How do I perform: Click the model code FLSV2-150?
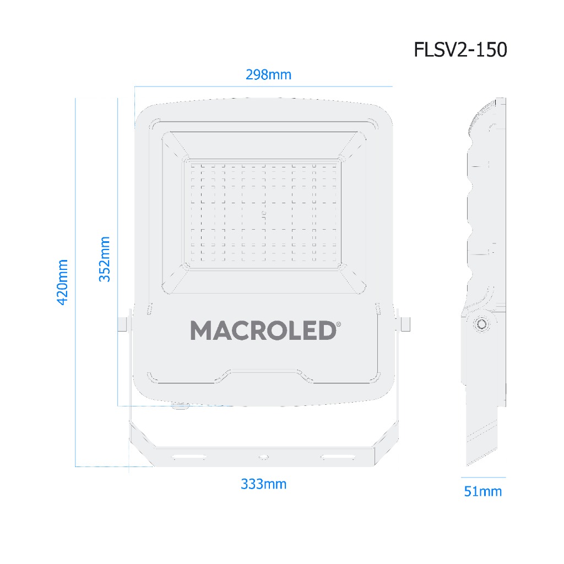tap(460, 50)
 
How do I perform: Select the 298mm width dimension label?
tap(268, 74)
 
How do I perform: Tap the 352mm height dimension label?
tap(105, 259)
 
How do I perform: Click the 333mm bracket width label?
tap(263, 484)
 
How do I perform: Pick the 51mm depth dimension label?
tap(482, 491)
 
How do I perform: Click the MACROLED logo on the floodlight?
tap(263, 330)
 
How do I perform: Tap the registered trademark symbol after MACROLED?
tap(338, 324)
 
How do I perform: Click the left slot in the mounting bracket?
tap(188, 457)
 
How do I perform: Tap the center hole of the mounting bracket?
tap(263, 457)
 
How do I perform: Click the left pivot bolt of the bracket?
tap(122, 323)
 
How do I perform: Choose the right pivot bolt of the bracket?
tap(406, 323)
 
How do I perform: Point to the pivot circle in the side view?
tap(481, 324)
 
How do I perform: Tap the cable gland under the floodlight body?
tap(180, 407)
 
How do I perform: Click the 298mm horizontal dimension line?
tap(263, 86)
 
